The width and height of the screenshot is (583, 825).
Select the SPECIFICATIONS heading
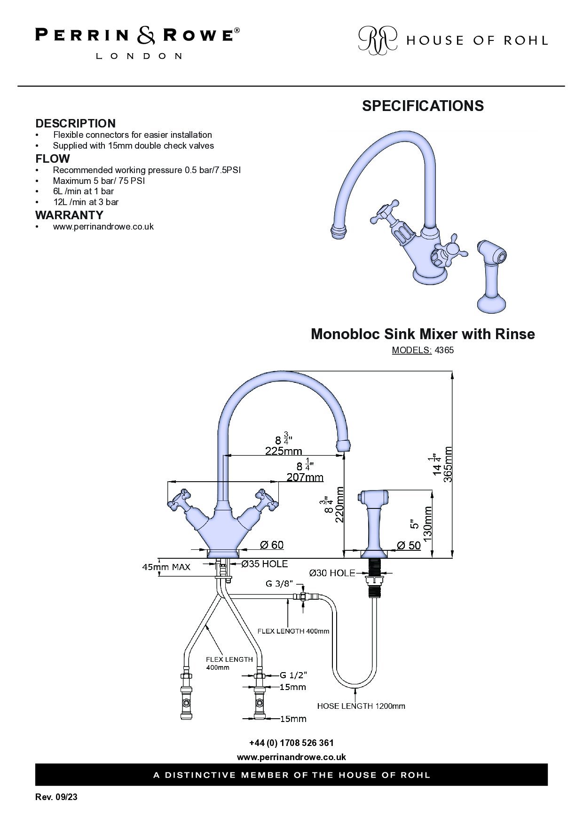423,106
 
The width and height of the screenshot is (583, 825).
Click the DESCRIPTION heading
76,123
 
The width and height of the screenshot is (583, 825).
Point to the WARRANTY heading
69,215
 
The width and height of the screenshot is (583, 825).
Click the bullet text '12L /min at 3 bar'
86,202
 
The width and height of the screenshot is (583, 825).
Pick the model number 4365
444,350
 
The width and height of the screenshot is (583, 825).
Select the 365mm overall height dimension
448,464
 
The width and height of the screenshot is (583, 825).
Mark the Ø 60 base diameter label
271,545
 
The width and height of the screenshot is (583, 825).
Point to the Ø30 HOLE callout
332,573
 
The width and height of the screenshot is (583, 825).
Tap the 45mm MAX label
166,567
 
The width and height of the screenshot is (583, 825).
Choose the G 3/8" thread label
279,584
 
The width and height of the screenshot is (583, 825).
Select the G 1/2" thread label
294,675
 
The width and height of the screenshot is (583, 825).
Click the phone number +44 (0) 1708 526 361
291,743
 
